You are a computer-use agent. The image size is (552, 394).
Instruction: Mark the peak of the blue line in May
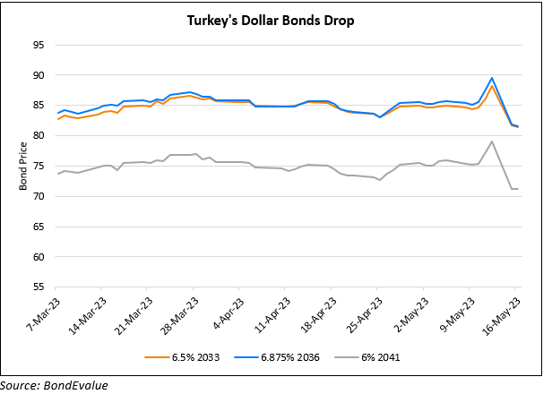coord(492,78)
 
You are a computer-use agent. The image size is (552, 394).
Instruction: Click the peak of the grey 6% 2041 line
coord(492,141)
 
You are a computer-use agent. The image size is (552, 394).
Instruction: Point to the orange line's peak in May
coord(492,86)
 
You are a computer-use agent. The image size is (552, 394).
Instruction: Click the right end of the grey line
coord(519,189)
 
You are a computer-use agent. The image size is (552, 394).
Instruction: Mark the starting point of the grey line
coord(58,174)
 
